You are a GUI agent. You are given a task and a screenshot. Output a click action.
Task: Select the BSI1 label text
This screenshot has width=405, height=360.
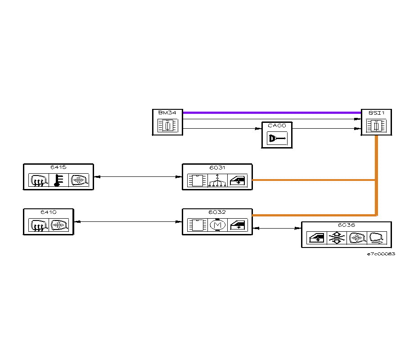point(376,113)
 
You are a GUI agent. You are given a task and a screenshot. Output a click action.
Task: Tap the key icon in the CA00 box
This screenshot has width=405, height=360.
point(276,139)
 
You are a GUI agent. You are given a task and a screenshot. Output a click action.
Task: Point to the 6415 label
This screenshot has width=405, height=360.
point(58,167)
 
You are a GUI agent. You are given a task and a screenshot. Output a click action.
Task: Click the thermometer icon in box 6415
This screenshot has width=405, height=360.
point(58,180)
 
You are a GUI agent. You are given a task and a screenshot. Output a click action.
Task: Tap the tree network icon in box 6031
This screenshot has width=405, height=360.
point(217,180)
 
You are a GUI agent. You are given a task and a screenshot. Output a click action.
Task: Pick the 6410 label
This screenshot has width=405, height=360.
point(48,211)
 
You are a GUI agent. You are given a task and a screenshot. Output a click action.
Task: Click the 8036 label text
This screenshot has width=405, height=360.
point(346,225)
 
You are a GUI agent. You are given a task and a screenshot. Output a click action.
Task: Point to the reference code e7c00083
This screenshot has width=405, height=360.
point(381,254)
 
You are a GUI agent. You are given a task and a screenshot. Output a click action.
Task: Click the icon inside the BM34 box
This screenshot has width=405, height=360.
point(167,126)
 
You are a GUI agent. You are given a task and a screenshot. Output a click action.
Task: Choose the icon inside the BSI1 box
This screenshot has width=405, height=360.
point(376,126)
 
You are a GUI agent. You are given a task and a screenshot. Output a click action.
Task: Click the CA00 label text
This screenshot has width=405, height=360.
point(276,126)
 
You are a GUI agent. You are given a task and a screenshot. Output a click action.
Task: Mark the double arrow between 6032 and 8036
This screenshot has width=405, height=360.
point(277,229)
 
